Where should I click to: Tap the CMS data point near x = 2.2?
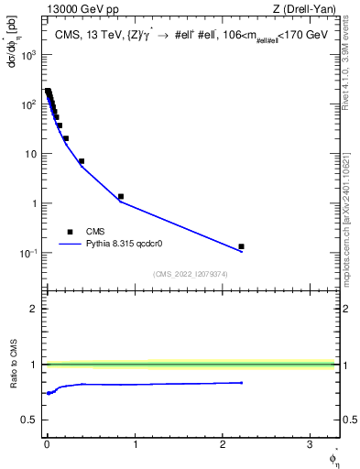click(242, 246)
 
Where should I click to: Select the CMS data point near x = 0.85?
click(121, 196)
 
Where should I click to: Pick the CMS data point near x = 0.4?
click(82, 161)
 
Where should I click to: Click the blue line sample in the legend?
click(70, 245)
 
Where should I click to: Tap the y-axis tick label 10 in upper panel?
click(30, 154)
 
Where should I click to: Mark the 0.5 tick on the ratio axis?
click(32, 420)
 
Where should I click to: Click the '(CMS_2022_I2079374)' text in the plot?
click(190, 274)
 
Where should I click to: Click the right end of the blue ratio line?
click(242, 382)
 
